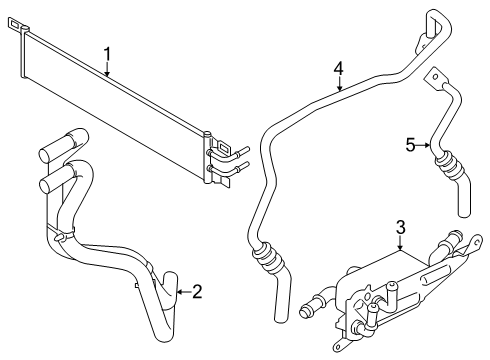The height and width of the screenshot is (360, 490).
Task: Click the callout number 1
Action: coord(107,53)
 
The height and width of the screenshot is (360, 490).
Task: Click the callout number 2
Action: coord(197,292)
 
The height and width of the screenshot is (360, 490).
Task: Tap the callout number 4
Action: coord(339,68)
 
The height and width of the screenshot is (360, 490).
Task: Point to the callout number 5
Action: coord(409,145)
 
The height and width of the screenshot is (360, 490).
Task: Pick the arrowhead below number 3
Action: coord(400,250)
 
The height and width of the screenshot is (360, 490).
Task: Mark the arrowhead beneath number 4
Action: coord(339,90)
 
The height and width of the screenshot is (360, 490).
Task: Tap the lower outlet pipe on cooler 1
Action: coord(230,172)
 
